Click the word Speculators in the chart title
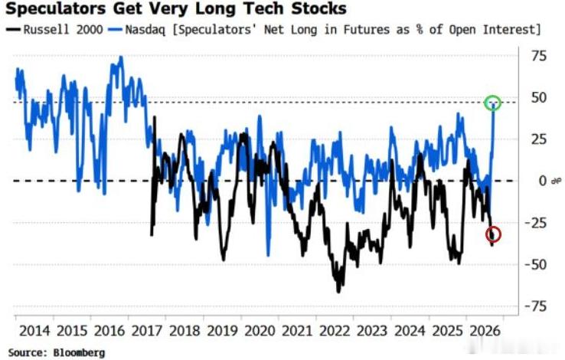(55, 8)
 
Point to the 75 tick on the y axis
(539, 56)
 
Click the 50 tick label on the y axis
(539, 97)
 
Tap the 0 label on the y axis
(543, 181)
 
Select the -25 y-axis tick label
(536, 223)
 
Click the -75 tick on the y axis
(536, 306)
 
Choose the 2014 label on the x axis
(34, 331)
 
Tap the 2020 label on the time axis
(260, 331)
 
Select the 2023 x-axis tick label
(372, 331)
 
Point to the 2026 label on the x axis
(485, 331)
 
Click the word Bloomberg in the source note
(80, 353)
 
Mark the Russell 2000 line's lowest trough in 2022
(338, 292)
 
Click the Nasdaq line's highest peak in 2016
(121, 57)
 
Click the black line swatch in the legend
(13, 30)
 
